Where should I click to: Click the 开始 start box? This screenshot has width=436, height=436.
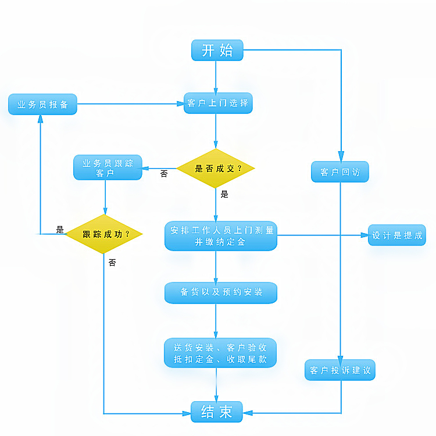tap(217, 50)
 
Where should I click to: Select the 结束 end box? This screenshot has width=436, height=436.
tap(217, 412)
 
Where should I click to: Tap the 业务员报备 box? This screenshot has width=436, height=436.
tap(42, 105)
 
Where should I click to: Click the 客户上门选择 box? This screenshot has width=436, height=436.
tap(218, 103)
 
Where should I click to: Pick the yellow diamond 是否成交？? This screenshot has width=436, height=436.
tap(216, 169)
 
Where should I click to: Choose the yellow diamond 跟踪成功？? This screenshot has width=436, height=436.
tap(104, 234)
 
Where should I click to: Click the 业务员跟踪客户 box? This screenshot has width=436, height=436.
tap(108, 167)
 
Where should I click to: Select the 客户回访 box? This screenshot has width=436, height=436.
tap(340, 172)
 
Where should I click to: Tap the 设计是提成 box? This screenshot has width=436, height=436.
tap(397, 235)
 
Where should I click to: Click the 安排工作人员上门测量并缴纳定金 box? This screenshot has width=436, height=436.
tap(220, 235)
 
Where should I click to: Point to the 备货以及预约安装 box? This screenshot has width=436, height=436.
tap(220, 292)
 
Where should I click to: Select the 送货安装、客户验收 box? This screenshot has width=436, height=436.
tap(220, 353)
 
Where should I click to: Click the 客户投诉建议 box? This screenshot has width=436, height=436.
tap(340, 370)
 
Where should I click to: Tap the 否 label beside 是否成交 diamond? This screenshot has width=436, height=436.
tap(164, 173)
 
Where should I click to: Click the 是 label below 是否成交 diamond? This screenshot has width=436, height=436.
tap(224, 194)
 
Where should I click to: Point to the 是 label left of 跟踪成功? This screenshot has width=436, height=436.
tap(60, 230)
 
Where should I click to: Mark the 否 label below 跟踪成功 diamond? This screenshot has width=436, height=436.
tap(112, 263)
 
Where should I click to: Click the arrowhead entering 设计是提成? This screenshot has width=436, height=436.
tap(364, 235)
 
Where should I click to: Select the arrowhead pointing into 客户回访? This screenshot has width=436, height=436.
tap(341, 157)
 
